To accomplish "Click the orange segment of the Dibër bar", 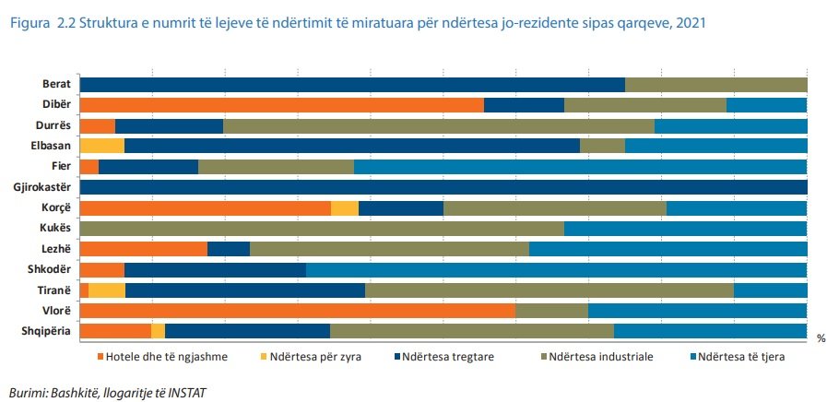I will coord(281,105).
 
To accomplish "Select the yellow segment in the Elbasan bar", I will coord(101,146).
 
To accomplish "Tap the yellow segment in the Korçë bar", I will coord(344,208).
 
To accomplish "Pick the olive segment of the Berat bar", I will coord(715,85).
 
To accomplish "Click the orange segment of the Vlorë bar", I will coord(297,311).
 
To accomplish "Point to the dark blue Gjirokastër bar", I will coord(443,187).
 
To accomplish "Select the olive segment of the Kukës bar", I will coord(322,229).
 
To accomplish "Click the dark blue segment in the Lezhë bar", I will coord(228,249).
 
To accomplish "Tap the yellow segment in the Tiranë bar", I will coord(107,290).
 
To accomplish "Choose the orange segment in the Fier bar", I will coord(89,167).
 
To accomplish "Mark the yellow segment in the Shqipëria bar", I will coord(158,331).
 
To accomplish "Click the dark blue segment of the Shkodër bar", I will coord(215,270).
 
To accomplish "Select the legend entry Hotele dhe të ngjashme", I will coord(160,357).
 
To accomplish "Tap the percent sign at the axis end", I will coord(821,338).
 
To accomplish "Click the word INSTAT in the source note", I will coord(187,393).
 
